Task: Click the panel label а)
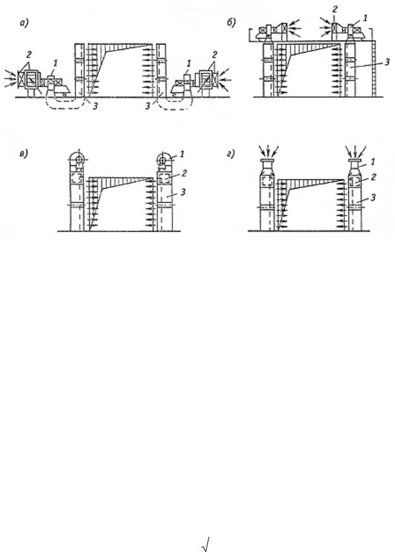click(x=24, y=23)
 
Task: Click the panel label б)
click(x=231, y=23)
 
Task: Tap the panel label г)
click(x=230, y=154)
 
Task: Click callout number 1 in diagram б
click(x=365, y=18)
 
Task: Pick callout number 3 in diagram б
click(x=387, y=62)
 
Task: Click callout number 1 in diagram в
click(x=182, y=154)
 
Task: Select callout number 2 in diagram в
click(x=184, y=173)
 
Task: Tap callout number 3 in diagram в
click(x=183, y=192)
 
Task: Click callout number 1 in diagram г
click(x=373, y=161)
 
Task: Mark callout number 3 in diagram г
click(x=373, y=198)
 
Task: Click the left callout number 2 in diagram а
click(x=29, y=54)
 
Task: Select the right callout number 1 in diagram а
click(x=189, y=63)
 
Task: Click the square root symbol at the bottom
click(x=206, y=543)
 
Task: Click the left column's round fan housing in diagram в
click(x=78, y=159)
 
